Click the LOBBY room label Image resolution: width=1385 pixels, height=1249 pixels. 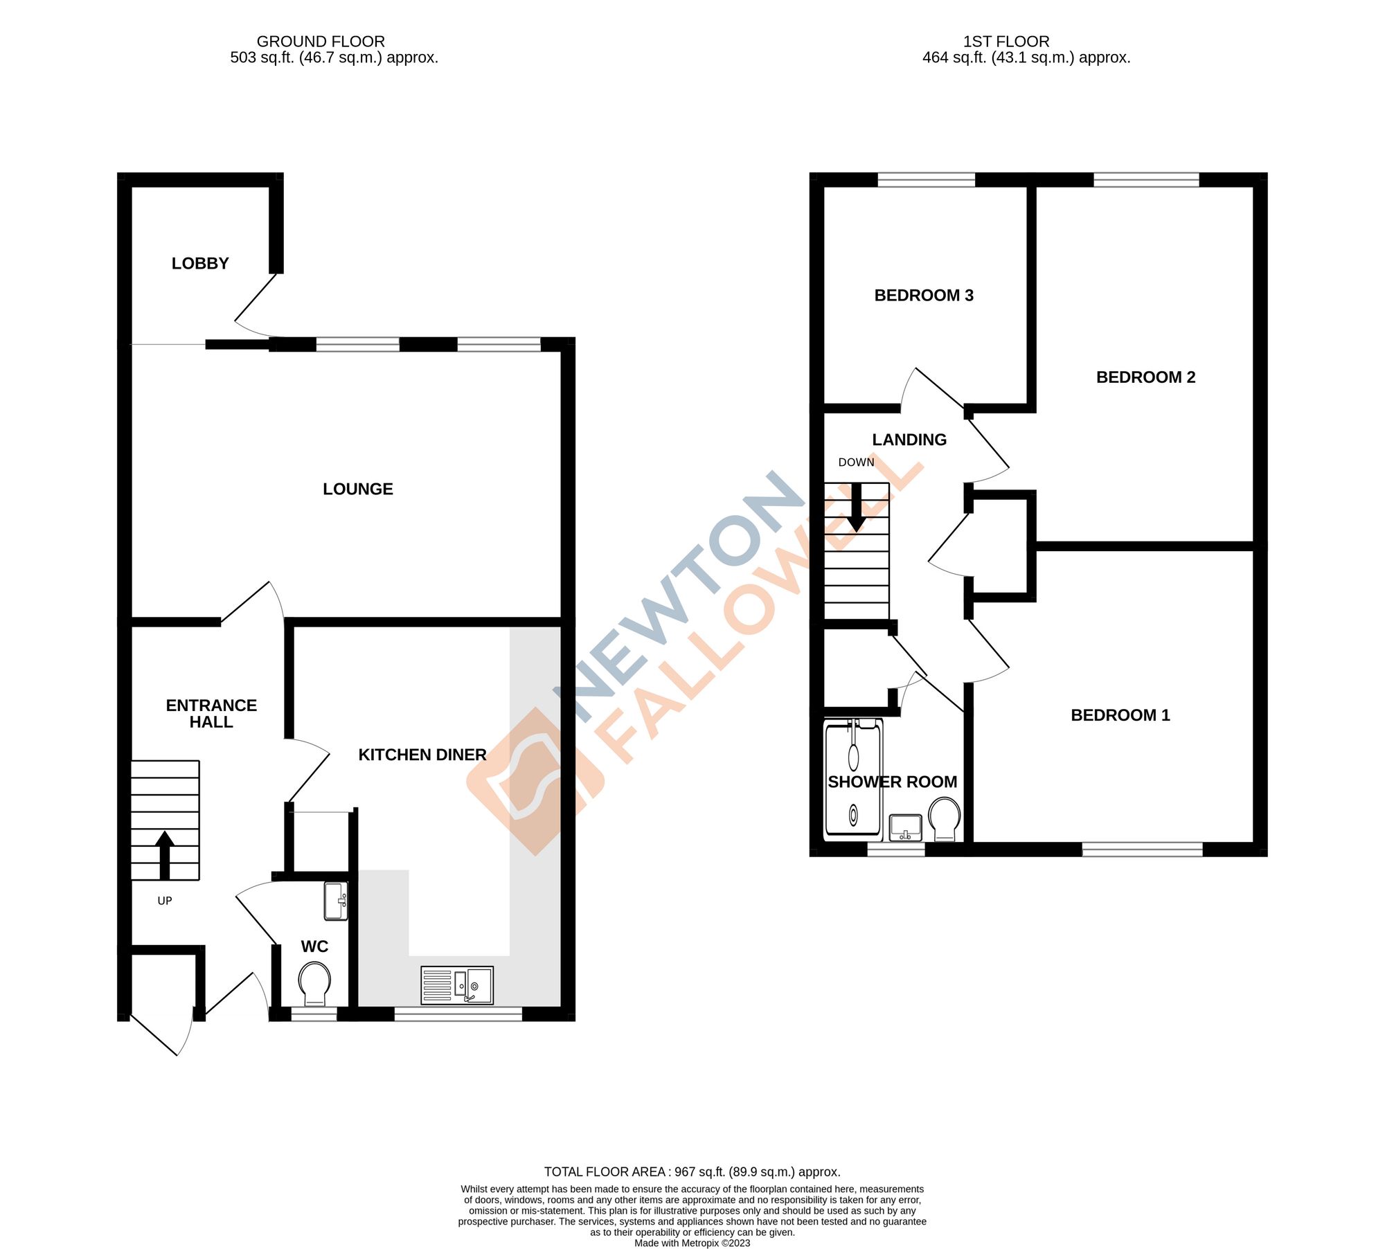coord(200,263)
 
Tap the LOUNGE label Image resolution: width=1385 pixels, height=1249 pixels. coord(357,489)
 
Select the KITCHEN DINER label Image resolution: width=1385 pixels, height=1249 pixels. coord(422,755)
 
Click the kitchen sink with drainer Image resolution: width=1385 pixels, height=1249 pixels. coord(457,985)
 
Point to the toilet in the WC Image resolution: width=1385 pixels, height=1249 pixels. coord(314,983)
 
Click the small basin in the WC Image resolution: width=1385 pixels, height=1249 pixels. coord(336,901)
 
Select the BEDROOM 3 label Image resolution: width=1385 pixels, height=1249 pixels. coord(924,296)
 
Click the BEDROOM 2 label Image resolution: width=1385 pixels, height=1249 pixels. coord(1145,377)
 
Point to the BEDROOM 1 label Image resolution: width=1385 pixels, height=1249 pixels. coord(1120,715)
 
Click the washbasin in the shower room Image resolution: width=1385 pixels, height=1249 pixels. coord(906,827)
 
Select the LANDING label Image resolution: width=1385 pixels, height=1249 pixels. coord(909,440)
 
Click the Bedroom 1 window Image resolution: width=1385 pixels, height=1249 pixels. coord(1143,849)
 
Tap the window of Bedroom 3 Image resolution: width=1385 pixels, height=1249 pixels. coord(926,180)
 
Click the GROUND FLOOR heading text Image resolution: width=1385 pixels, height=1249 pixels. coord(321,42)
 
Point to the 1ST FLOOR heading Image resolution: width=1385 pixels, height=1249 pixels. coord(1006,42)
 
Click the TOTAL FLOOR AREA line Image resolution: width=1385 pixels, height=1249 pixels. coord(692,1171)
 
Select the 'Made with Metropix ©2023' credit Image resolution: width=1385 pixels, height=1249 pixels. coord(692,1243)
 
